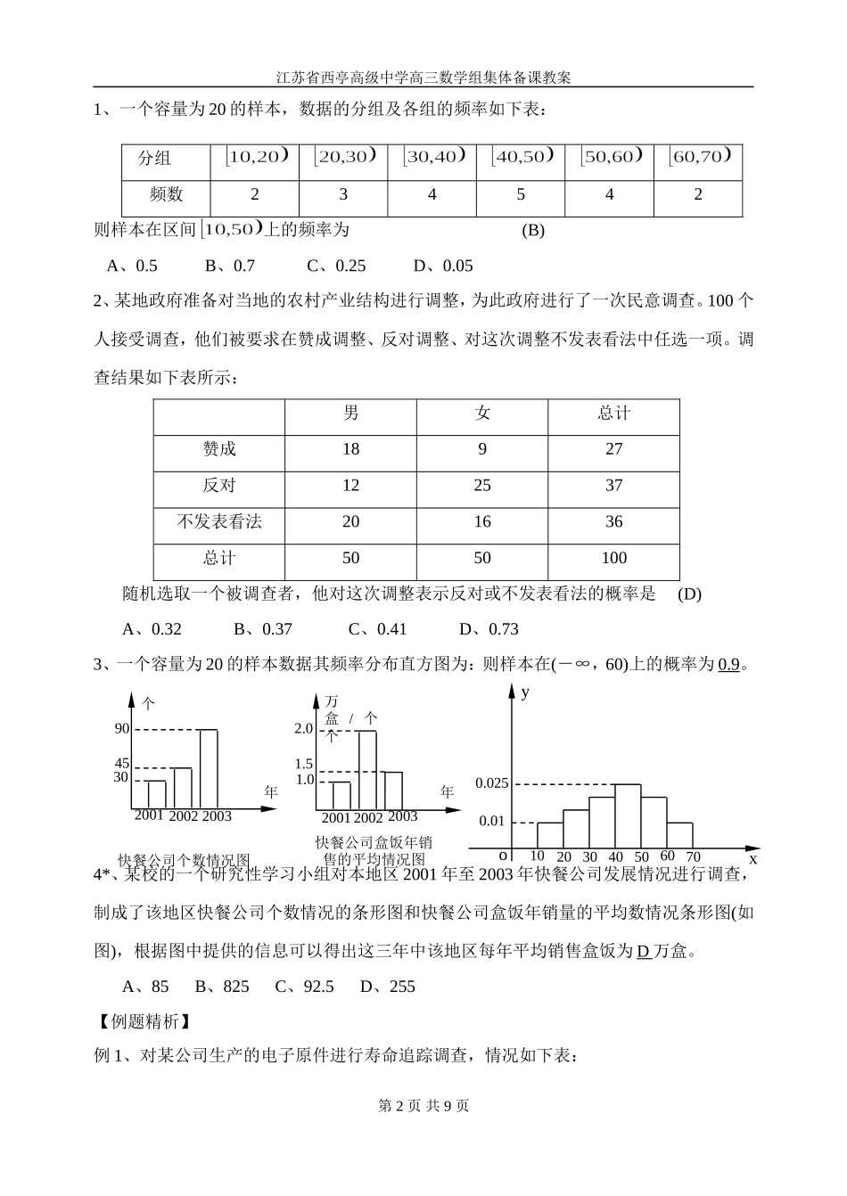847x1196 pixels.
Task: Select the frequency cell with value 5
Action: (521, 195)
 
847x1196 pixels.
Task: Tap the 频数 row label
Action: (166, 195)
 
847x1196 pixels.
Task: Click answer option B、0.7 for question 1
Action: (230, 266)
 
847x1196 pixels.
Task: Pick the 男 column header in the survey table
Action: (351, 414)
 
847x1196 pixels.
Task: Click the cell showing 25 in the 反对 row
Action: (482, 486)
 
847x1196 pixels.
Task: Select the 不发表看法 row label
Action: (219, 522)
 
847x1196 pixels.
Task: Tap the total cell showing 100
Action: (613, 559)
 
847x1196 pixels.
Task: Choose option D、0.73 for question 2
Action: (489, 629)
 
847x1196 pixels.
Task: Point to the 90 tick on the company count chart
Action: (122, 729)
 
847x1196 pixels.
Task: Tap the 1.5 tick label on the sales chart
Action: (304, 765)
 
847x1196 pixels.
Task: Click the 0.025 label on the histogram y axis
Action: (492, 783)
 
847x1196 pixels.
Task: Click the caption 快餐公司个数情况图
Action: (184, 861)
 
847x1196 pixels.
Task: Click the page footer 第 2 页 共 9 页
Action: (423, 1106)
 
